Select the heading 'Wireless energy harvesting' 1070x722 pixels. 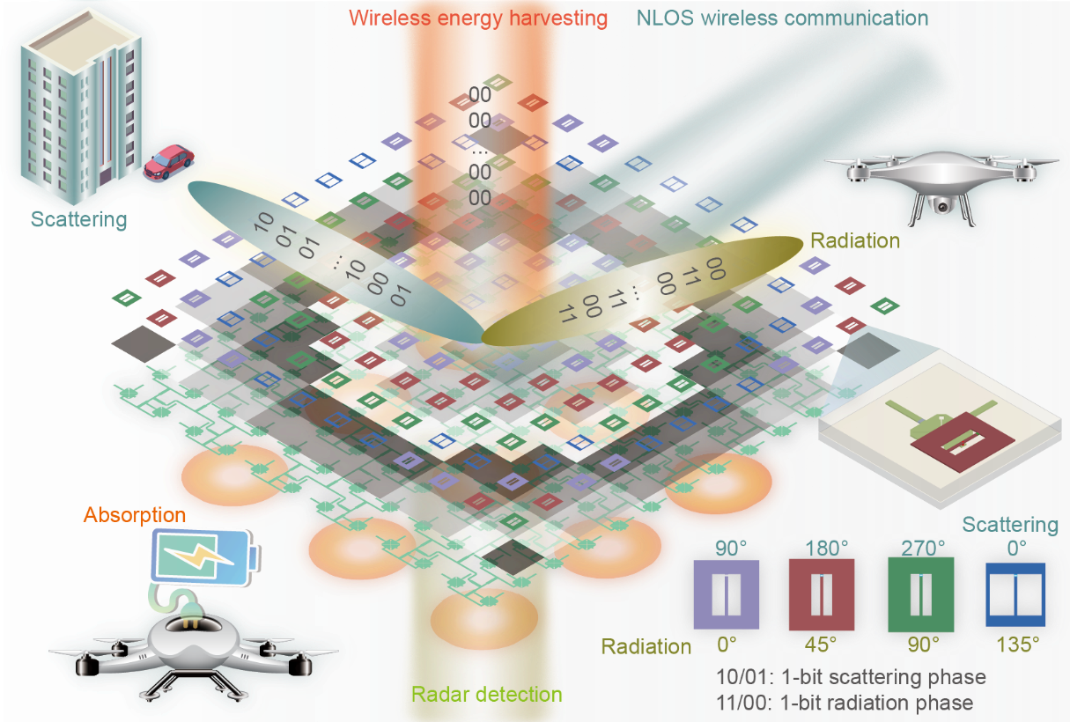click(478, 18)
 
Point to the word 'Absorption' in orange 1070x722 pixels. click(135, 515)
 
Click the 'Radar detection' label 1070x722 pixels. click(486, 694)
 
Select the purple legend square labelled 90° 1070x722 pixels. click(727, 593)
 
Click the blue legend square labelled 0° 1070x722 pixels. click(1015, 594)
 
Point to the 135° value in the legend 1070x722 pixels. click(1017, 644)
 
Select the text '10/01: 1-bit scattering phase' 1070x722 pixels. click(851, 677)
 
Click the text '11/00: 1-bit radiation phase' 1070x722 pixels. click(845, 703)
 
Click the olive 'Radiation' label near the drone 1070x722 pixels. click(854, 239)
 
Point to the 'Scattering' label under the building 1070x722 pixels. click(78, 219)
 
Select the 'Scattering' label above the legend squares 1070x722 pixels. click(1009, 525)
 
